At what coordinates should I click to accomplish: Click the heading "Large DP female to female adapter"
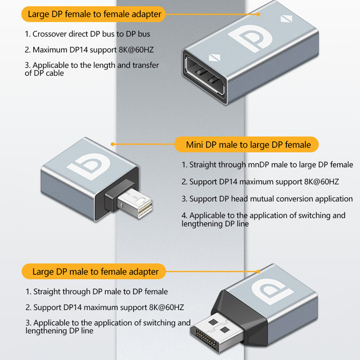click(94, 14)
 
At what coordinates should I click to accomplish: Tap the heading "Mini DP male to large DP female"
click(248, 145)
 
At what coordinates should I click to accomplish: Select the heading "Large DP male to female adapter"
click(96, 272)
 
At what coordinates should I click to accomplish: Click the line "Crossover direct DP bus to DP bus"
click(87, 34)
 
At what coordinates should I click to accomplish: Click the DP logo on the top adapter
click(250, 38)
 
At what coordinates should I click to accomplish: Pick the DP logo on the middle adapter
click(88, 166)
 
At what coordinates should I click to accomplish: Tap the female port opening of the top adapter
click(204, 76)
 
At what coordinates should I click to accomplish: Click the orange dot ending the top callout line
click(258, 14)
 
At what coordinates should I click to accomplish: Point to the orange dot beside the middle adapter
click(112, 144)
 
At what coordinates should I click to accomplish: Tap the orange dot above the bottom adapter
click(258, 272)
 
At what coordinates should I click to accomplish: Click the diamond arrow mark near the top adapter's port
click(214, 57)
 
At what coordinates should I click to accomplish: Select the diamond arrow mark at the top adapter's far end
click(286, 19)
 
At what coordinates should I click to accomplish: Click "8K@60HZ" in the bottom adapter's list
click(166, 308)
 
